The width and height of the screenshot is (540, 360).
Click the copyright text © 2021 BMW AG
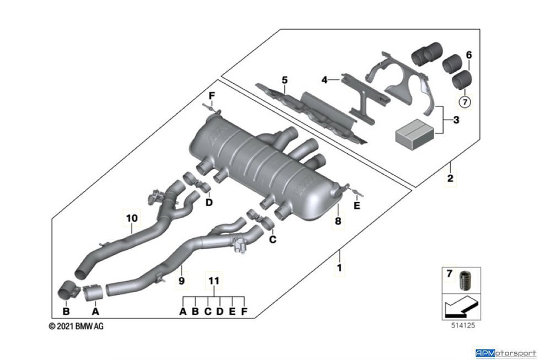(x=76, y=326)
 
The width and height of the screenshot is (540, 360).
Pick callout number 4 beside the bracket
(x=325, y=80)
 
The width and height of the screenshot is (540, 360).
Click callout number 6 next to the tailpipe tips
(x=469, y=55)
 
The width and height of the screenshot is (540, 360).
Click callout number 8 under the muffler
(x=338, y=221)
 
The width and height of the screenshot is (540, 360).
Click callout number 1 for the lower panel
(x=339, y=268)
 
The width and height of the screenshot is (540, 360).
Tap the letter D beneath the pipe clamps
(x=209, y=202)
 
